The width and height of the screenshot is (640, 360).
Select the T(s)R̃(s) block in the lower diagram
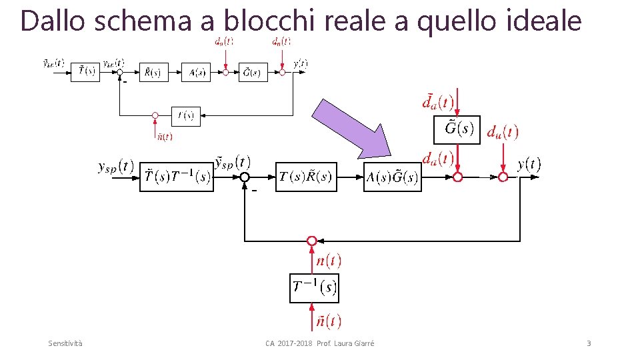pos(306,177)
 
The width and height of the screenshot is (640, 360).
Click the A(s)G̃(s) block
pos(393,177)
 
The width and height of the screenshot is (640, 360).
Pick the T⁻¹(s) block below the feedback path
pos(314,288)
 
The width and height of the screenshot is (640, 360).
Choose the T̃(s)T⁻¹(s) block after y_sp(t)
pos(177,177)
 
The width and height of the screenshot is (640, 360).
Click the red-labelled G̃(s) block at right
pos(457,129)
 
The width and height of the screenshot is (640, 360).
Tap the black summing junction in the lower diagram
pos(245,177)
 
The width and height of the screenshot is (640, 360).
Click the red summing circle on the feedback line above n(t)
pos(311,241)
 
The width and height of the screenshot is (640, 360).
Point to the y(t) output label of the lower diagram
pos(529,163)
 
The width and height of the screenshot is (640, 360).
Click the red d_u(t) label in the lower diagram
pos(503,132)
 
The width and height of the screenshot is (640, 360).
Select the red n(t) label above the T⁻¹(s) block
pos(329,261)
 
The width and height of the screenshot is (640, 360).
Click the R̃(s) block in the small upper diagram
pos(153,73)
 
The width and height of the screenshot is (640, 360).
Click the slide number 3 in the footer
pos(589,343)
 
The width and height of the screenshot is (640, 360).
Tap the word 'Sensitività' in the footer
pos(66,343)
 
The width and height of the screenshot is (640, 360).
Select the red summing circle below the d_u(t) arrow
pos(503,177)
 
